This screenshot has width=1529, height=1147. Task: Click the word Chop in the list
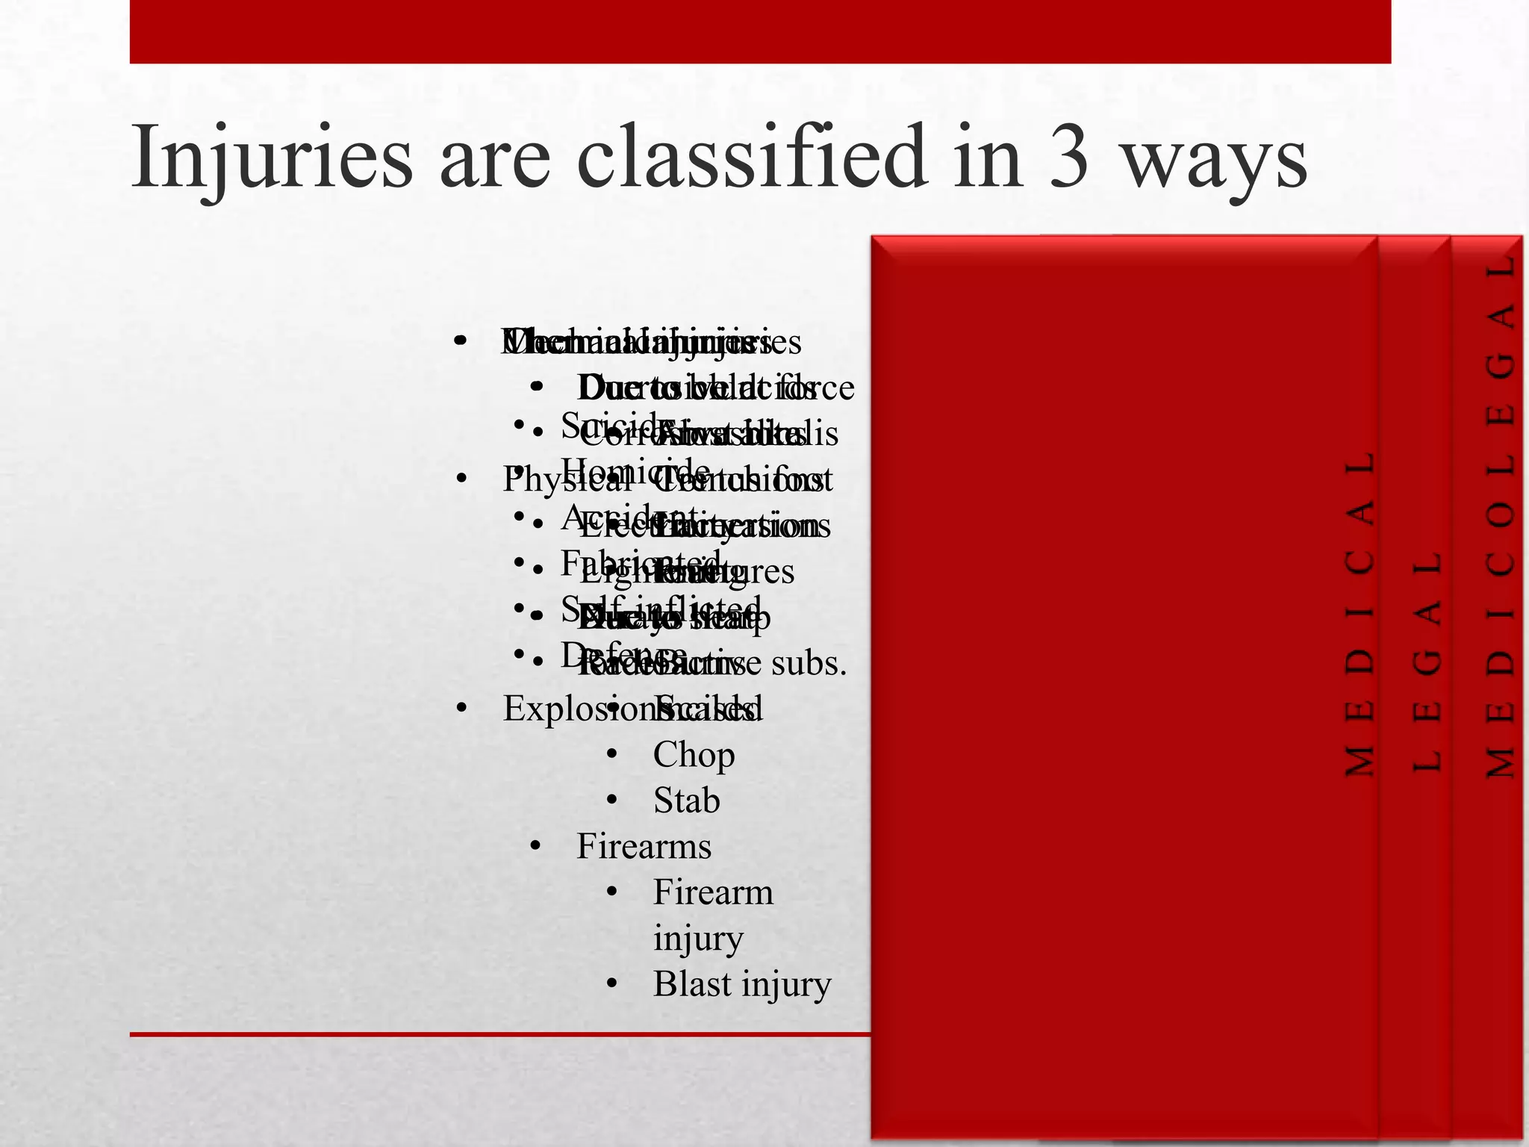pyautogui.click(x=694, y=755)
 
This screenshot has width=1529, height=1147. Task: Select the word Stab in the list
pyautogui.click(x=686, y=801)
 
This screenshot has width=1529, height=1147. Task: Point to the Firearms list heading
pyautogui.click(x=644, y=847)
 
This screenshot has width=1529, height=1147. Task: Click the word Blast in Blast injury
pyautogui.click(x=692, y=984)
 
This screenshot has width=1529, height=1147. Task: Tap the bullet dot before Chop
pyautogui.click(x=612, y=756)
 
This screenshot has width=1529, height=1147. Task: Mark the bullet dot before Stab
pyautogui.click(x=612, y=801)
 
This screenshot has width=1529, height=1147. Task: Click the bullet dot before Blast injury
pyautogui.click(x=612, y=985)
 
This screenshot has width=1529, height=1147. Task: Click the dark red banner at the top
pyautogui.click(x=760, y=31)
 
